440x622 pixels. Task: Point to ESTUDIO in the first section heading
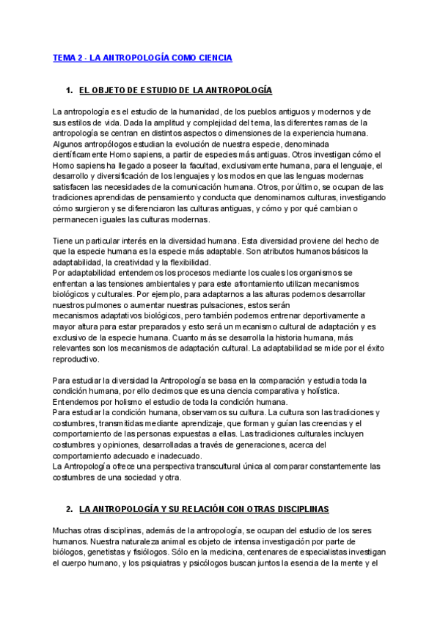pyautogui.click(x=155, y=90)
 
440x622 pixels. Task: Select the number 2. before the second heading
pyautogui.click(x=69, y=509)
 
